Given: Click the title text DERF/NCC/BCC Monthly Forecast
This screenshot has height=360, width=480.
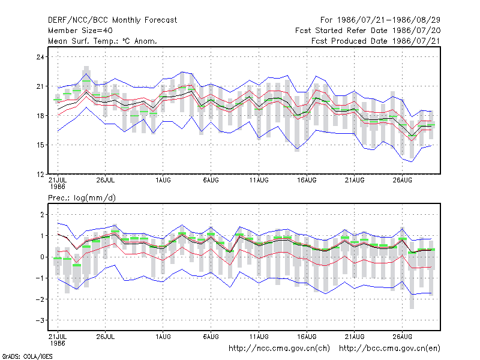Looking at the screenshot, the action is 112,20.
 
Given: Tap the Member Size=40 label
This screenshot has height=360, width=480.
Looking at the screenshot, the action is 80,31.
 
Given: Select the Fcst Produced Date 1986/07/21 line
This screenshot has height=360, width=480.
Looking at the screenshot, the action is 376,41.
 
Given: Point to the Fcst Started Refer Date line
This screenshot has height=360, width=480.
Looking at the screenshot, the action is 368,31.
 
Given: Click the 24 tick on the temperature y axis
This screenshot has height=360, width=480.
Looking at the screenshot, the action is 40,57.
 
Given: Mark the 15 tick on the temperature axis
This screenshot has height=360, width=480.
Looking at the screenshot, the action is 40,145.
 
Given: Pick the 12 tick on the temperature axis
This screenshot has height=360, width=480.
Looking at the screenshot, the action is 40,175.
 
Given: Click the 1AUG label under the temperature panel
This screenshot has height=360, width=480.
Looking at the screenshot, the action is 163,181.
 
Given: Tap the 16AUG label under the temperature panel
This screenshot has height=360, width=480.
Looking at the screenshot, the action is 307,181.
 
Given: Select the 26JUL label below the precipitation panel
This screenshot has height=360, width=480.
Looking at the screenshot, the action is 106,337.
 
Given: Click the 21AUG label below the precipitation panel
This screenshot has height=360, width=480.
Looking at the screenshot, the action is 355,337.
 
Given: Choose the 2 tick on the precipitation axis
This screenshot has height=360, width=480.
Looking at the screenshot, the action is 42,215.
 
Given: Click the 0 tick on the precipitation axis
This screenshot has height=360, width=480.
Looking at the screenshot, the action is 42,257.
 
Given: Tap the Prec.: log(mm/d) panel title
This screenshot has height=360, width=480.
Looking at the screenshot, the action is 82,198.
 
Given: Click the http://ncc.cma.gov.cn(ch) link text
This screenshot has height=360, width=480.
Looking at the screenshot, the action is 279,349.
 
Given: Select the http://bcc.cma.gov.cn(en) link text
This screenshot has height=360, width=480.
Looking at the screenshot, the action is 389,349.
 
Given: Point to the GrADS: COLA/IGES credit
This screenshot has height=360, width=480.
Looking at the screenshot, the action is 27,356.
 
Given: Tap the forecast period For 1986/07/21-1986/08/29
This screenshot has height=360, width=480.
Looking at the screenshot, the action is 380,20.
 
